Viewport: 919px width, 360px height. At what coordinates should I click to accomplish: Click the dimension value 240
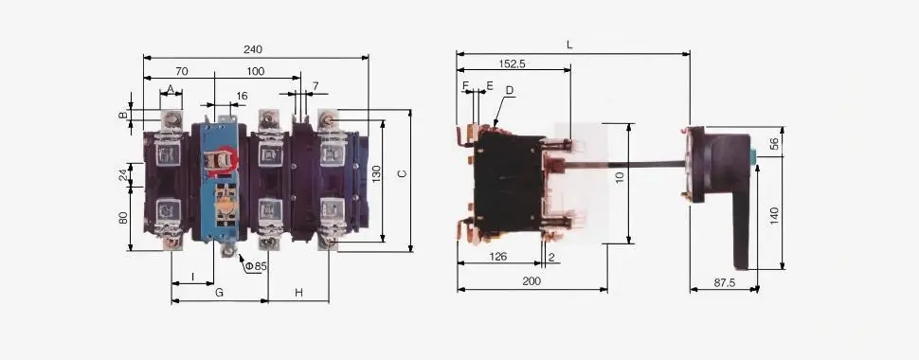coord(253,49)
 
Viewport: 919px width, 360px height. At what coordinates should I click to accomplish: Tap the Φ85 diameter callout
coord(256,266)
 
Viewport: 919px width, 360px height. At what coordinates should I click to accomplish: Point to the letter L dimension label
coord(569,45)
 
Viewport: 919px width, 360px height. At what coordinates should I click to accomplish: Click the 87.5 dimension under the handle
coord(724,282)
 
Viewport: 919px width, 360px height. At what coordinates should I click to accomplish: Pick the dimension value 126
coord(498,256)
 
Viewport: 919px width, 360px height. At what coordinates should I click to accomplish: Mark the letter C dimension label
coord(402,174)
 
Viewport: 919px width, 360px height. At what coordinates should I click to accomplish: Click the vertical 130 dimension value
coord(376,174)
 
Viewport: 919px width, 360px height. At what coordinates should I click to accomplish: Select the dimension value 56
coord(773,145)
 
